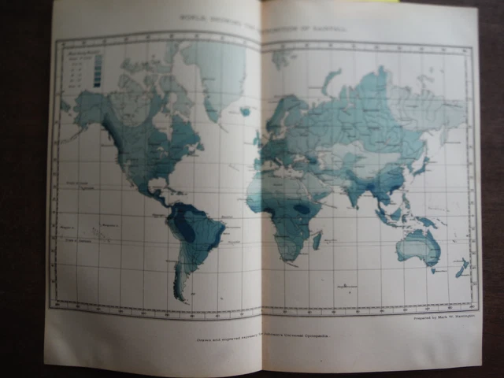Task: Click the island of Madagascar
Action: click(x=317, y=239)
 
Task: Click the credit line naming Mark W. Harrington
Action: click(x=444, y=320)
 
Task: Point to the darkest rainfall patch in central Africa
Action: click(x=302, y=209)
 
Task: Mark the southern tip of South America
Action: click(x=183, y=297)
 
